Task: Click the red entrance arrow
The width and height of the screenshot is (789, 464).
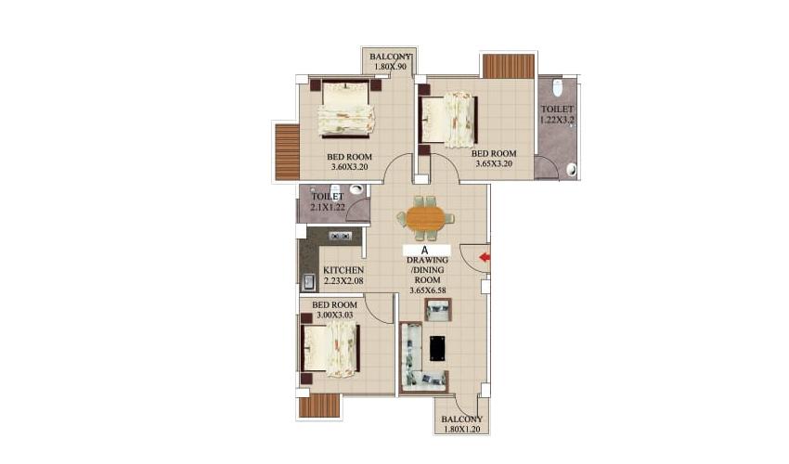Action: (485, 258)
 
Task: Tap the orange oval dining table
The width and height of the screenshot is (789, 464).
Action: (426, 218)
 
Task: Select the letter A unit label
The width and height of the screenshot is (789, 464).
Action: (424, 251)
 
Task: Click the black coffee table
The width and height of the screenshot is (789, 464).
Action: (437, 348)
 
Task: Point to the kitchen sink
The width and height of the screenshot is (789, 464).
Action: (308, 282)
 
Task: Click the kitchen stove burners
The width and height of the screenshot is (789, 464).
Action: (340, 236)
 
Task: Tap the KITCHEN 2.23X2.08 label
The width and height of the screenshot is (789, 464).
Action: (343, 276)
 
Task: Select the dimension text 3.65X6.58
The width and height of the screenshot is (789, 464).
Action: (428, 290)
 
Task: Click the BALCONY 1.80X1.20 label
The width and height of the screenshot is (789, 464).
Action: (462, 424)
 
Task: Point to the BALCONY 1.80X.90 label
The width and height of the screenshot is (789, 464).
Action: (391, 61)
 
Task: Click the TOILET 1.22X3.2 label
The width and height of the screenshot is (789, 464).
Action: (557, 114)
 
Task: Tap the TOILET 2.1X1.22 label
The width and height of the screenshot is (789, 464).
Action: (328, 201)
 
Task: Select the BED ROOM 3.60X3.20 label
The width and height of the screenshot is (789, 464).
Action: (349, 161)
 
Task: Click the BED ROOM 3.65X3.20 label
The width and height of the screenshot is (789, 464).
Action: (494, 158)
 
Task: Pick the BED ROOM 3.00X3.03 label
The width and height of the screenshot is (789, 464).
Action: (334, 310)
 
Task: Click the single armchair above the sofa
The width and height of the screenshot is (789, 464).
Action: (438, 310)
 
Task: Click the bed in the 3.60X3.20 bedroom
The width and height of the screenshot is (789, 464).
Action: (345, 109)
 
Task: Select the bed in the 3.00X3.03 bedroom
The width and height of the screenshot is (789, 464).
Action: (330, 349)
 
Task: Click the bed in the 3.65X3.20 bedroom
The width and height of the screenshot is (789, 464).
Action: (447, 120)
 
